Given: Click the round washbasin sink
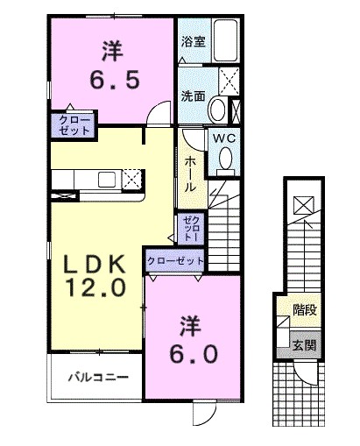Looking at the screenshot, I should click(x=217, y=109).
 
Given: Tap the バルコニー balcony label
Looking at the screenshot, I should click(x=100, y=378).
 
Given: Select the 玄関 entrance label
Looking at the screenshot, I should click(x=304, y=344).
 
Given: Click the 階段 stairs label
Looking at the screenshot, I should click(x=304, y=308).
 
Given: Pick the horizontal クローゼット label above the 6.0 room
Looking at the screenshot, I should click(x=175, y=261).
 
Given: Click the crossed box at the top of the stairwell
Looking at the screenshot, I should click(x=301, y=204).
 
